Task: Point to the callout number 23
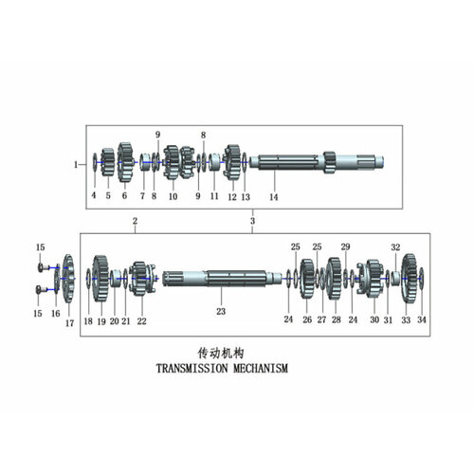point(220,310)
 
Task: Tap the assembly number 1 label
point(76,164)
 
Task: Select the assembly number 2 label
point(135,221)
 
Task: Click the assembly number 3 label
point(252,221)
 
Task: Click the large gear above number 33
point(410,278)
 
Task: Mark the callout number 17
point(69,323)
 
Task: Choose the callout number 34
point(422,320)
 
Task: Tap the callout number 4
point(94,196)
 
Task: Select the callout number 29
point(345,246)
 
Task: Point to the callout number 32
point(396,246)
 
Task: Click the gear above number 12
point(231,162)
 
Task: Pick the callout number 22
point(141,321)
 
